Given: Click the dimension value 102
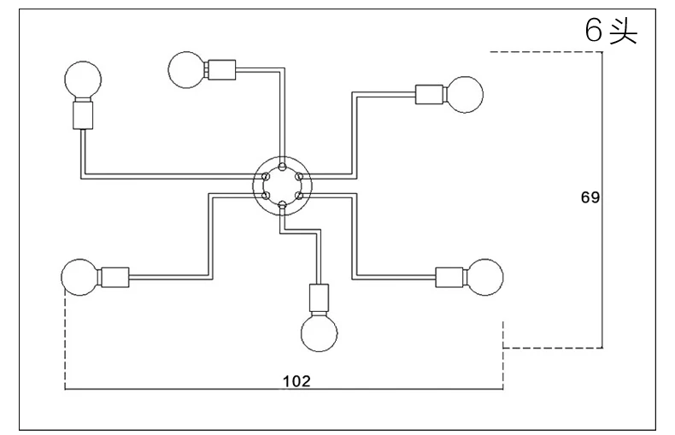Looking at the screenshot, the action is tap(296, 381).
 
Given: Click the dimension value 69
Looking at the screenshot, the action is tap(590, 197).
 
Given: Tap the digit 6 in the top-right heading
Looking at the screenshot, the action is tap(593, 30).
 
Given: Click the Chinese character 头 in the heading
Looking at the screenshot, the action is tap(623, 31).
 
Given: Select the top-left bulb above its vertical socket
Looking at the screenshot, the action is tap(83, 79).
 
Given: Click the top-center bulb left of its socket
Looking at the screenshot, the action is tap(187, 70).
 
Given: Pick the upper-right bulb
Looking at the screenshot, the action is tap(465, 95).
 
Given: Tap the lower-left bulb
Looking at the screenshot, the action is tap(79, 277).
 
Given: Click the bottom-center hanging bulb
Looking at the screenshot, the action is tap(319, 333).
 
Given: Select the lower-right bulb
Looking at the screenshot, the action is tap(484, 277).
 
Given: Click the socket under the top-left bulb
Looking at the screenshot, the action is tap(83, 115).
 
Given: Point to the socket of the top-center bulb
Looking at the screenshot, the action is tap(220, 70).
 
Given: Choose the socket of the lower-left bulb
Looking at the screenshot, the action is tap(114, 278).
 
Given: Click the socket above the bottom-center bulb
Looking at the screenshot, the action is tap(319, 299).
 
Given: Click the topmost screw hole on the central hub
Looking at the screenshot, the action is tap(282, 167).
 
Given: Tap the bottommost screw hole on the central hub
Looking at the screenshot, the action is tap(282, 204).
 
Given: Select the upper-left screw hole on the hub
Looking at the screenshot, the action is tap(266, 176).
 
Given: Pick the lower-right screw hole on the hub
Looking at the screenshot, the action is tap(299, 195).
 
